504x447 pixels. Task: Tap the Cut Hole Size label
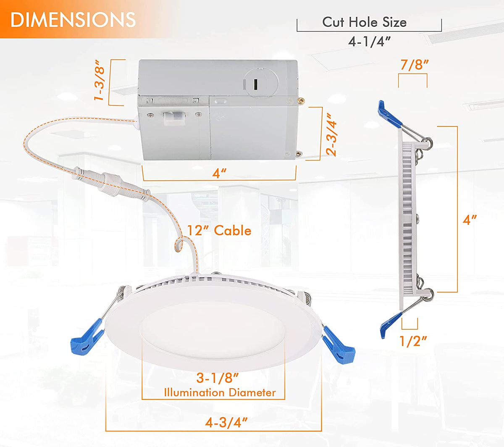pos(364,22)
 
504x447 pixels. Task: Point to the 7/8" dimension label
pos(415,65)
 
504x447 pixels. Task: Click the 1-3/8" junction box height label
pos(99,83)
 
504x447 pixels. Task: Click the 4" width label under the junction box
pos(219,173)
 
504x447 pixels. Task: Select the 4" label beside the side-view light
pos(470,219)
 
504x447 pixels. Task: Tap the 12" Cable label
pos(219,231)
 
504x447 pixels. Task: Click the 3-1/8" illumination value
pos(218,378)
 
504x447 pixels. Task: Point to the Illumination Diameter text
pos(220,393)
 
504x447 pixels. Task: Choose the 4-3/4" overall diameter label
pos(226,422)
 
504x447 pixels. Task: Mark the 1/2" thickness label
pos(413,340)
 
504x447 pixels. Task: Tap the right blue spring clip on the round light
pos(340,346)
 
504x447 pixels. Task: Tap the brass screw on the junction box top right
pos(301,100)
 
